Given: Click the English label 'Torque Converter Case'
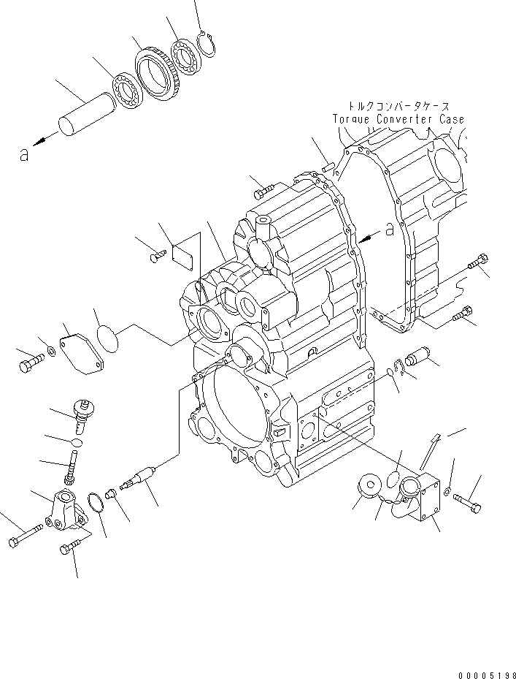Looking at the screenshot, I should [x=398, y=118].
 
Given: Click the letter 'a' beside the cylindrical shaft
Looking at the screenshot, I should [x=25, y=154].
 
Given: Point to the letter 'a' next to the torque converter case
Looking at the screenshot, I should [x=390, y=229].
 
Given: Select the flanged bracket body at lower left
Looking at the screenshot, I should [x=64, y=507].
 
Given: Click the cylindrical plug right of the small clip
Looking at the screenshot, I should [x=423, y=359].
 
